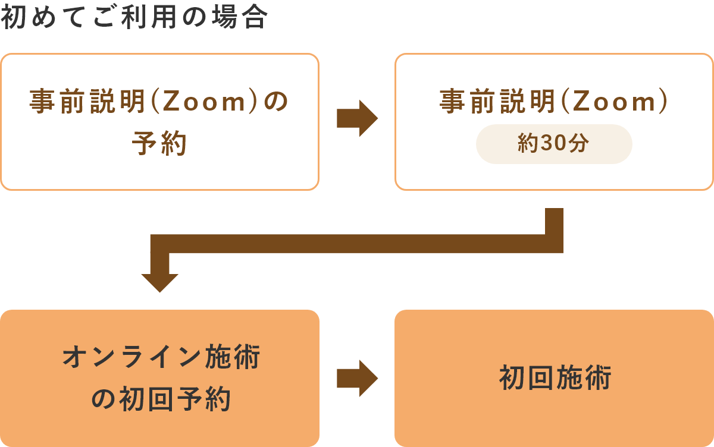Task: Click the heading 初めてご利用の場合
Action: (x=134, y=18)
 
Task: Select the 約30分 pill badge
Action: (x=554, y=144)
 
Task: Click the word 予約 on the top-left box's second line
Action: (x=159, y=144)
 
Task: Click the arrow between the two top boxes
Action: (x=357, y=118)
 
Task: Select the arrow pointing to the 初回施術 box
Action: (x=357, y=378)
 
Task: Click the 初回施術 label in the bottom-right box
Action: (x=555, y=378)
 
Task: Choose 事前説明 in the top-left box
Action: (x=87, y=102)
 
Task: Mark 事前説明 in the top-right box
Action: (x=498, y=102)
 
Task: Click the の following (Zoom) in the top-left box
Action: (x=275, y=102)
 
